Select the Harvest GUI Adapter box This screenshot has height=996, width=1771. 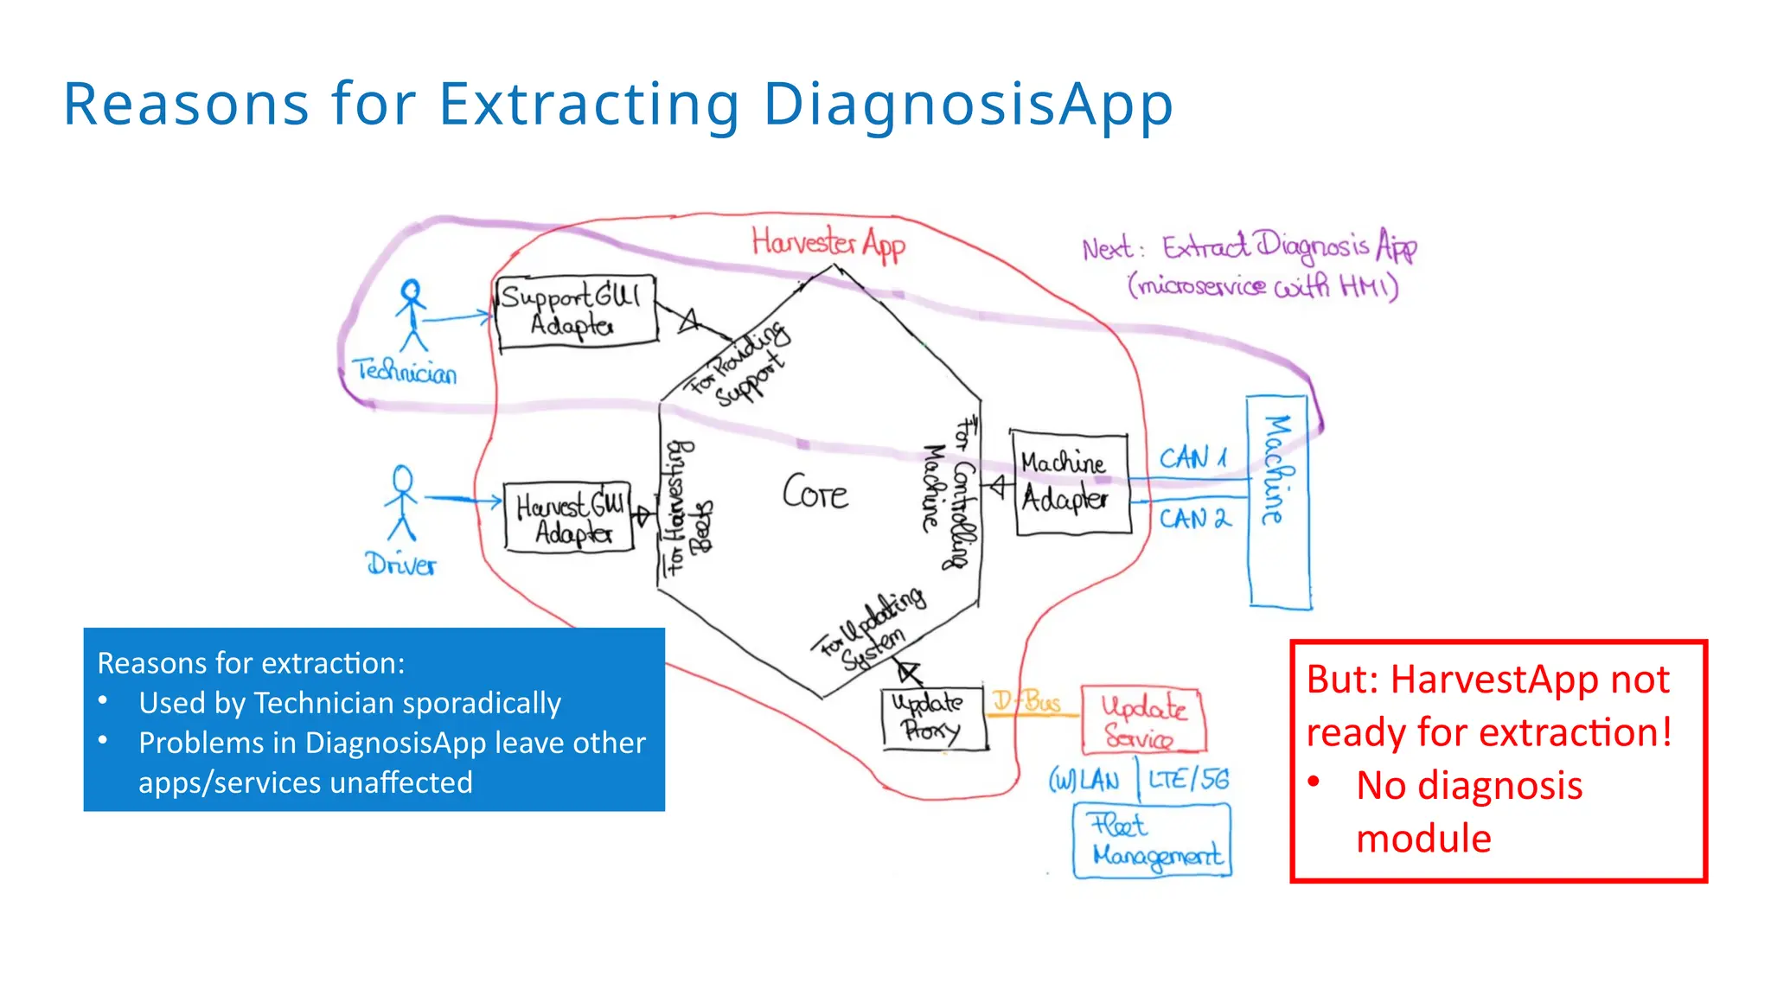point(569,517)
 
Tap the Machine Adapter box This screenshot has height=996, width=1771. point(1071,482)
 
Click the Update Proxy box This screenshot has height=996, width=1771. point(933,718)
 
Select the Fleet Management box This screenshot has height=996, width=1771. point(1152,840)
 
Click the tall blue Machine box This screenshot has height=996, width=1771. point(1278,501)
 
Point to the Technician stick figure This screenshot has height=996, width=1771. point(412,315)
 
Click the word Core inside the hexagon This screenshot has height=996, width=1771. point(815,493)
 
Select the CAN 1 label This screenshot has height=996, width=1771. point(1192,457)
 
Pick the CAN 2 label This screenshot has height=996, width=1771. point(1193,519)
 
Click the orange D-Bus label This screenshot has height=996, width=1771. point(1026,701)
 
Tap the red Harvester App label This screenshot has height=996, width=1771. point(828,244)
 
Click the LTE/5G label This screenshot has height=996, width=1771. point(1188,779)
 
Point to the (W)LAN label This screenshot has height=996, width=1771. point(1084,781)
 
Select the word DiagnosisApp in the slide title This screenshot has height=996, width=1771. point(968,104)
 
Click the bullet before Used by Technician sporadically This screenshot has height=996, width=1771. point(103,700)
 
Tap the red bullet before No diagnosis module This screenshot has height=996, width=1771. point(1314,782)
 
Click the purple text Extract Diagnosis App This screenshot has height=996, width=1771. point(1288,246)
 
